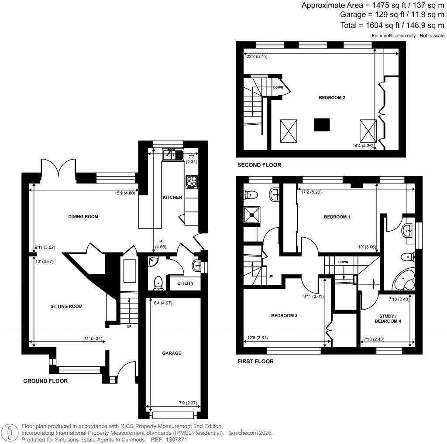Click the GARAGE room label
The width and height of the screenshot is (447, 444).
click(172, 353)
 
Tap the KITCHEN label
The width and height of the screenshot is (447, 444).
click(172, 198)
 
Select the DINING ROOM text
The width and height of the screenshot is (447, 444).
click(83, 216)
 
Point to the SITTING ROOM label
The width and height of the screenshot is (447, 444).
click(67, 306)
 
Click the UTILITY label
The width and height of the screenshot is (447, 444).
click(186, 283)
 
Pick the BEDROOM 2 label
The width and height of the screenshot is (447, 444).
click(332, 98)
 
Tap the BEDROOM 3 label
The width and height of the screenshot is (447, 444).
click(284, 315)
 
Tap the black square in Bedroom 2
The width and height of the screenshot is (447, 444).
click(322, 125)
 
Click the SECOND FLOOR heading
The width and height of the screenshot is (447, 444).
click(259, 165)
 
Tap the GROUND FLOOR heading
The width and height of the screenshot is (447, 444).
click(45, 381)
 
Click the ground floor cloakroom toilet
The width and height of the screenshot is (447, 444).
click(158, 283)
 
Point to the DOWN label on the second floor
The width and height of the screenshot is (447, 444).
click(278, 87)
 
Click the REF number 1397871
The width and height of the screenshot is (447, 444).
click(166, 440)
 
